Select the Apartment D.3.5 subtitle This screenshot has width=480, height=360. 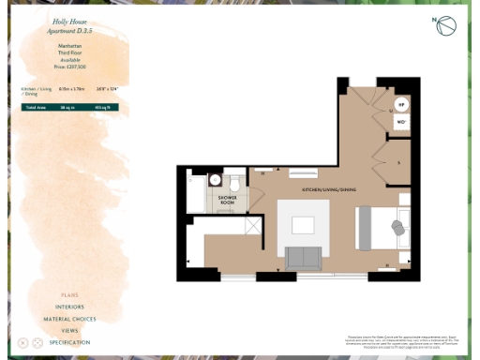point(68,30)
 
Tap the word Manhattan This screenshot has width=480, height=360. point(68,45)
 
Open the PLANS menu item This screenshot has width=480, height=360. point(69,295)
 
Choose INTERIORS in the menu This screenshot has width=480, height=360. point(69,307)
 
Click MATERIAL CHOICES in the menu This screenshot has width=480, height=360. point(69,319)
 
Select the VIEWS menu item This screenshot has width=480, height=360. point(69,331)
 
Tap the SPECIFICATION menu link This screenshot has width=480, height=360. point(69,343)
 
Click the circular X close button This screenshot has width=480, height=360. point(23,343)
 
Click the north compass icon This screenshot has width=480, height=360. point(445,26)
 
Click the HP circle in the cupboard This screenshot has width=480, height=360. point(401,105)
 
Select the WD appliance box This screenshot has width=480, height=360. point(401,123)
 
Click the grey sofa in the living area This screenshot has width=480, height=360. point(303,256)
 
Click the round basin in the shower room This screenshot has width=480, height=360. point(215,180)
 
